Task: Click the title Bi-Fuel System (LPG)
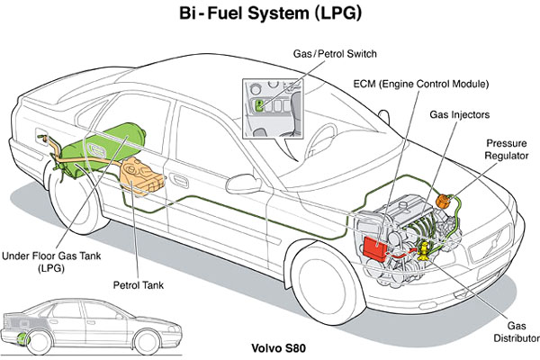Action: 270,17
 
